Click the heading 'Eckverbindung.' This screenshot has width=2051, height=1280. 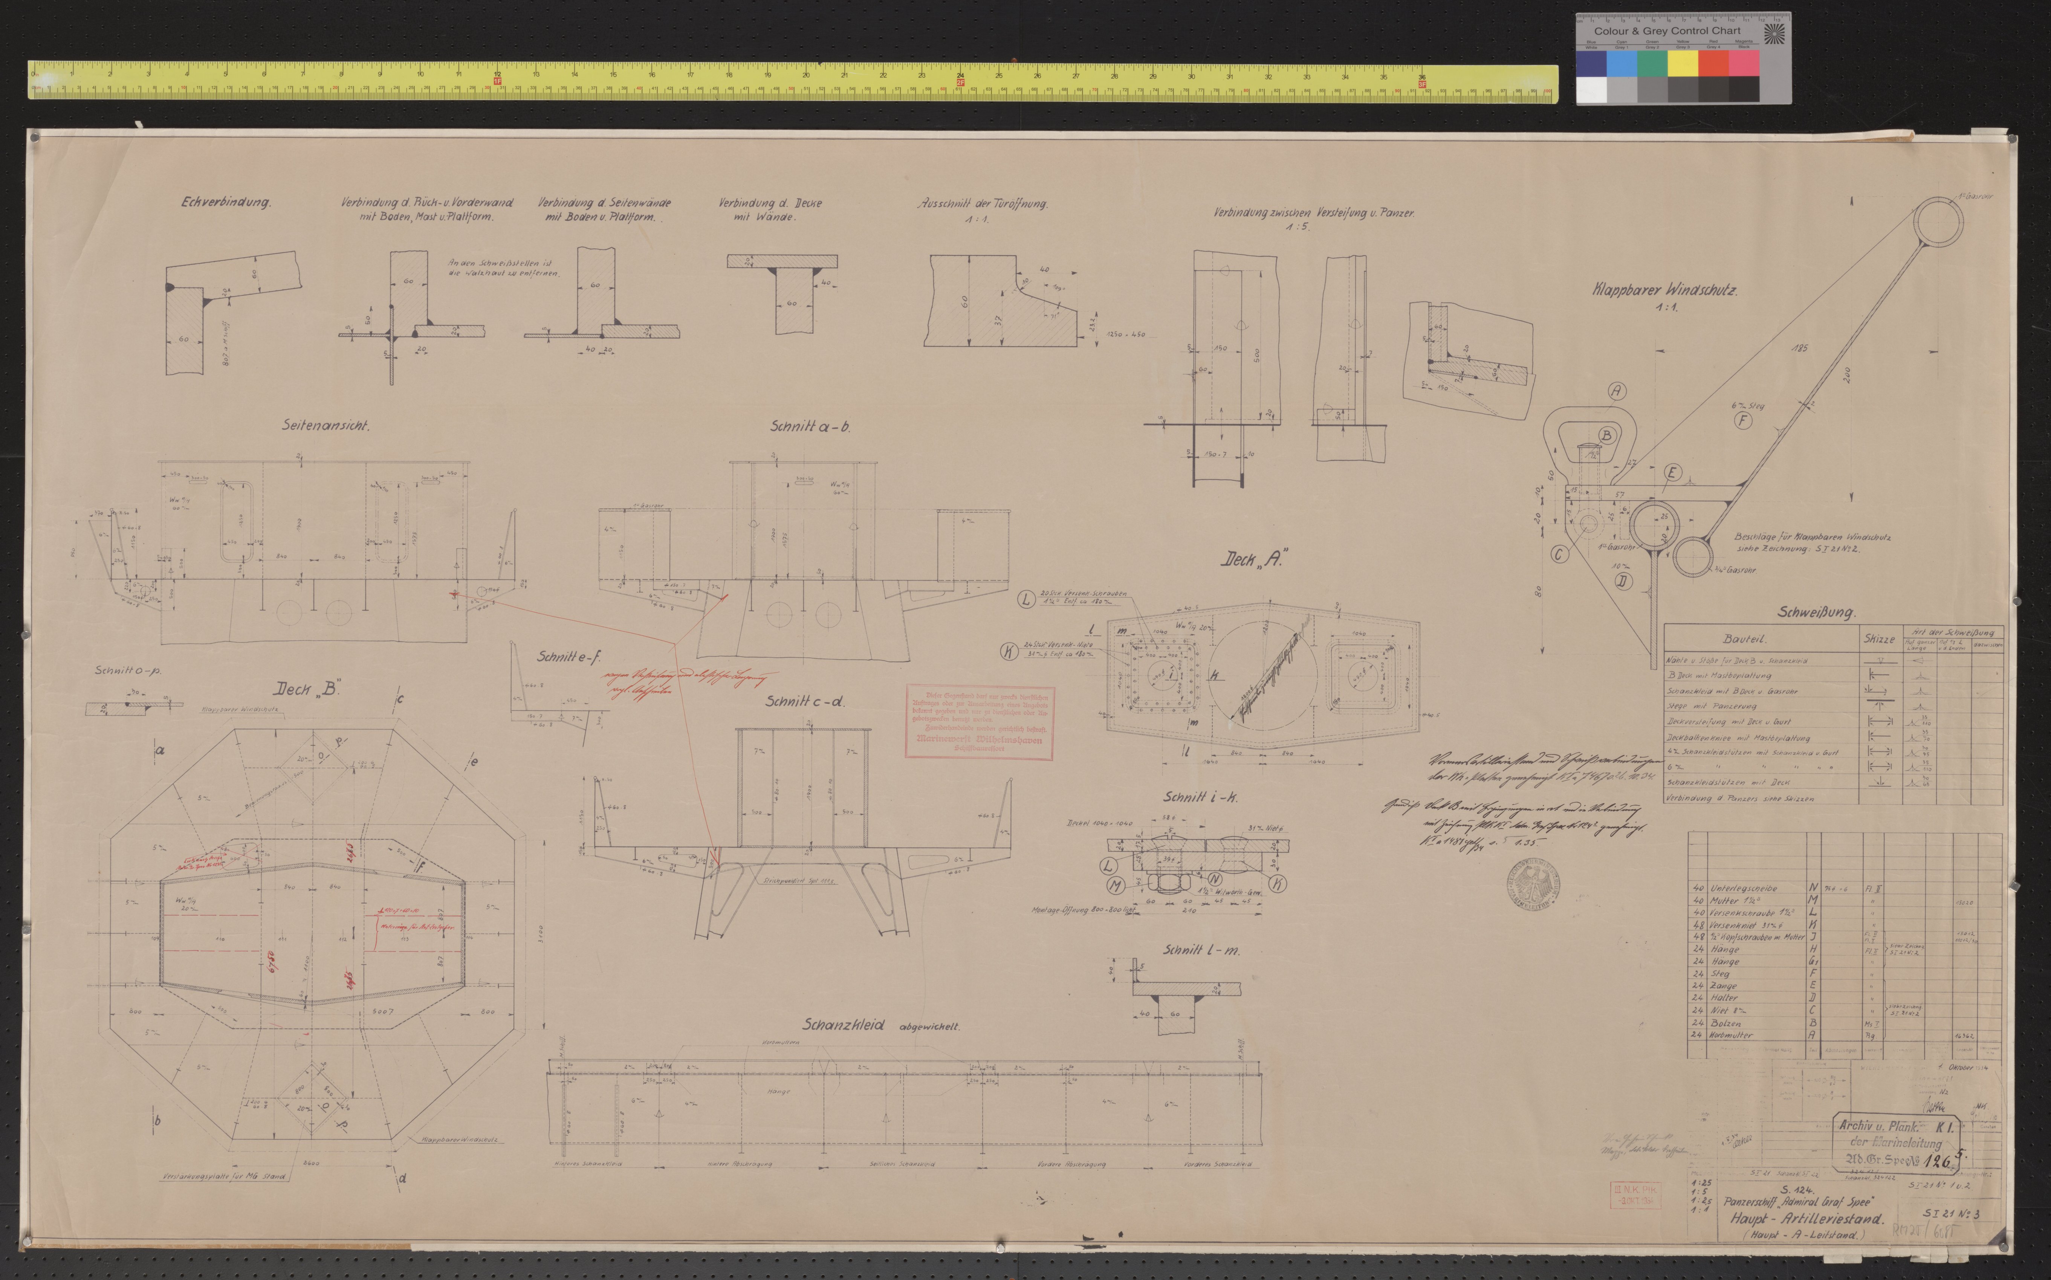(225, 203)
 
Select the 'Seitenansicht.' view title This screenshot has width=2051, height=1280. (326, 426)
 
